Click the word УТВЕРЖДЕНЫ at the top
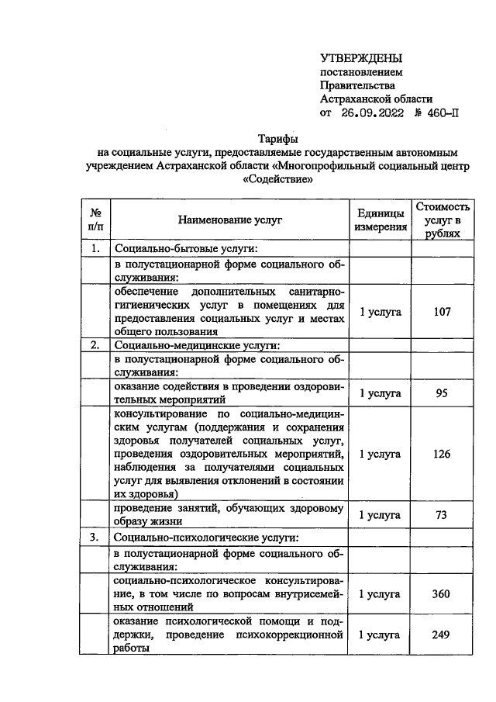(362, 58)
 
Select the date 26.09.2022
(374, 112)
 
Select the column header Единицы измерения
(380, 220)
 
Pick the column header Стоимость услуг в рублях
(442, 220)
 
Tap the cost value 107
(442, 312)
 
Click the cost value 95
(442, 393)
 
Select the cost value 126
(442, 454)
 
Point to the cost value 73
(442, 514)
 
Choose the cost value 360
(442, 593)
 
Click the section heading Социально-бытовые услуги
(185, 249)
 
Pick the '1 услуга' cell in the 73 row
(380, 514)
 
